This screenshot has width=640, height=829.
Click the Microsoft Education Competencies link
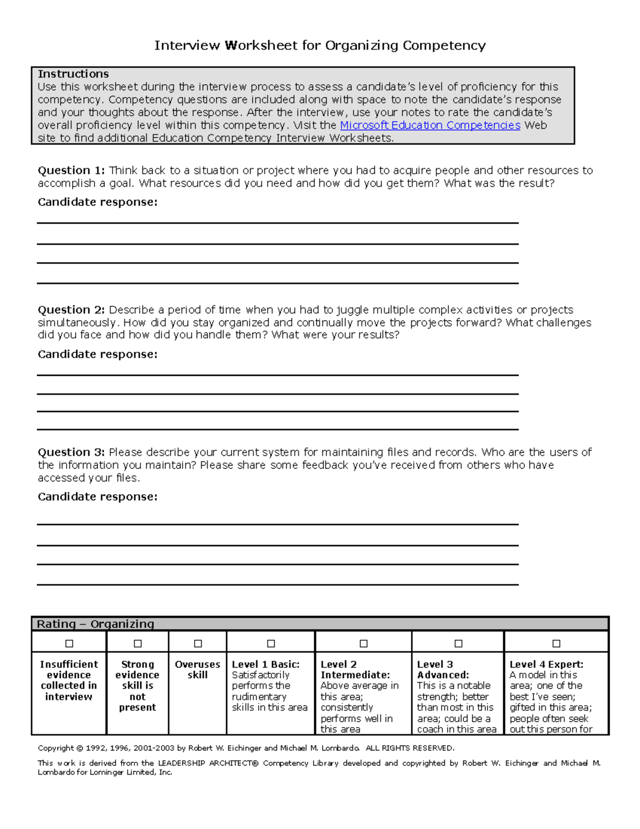[x=430, y=125]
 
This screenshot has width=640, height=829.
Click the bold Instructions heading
[x=73, y=74]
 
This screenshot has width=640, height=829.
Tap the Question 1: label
[x=71, y=170]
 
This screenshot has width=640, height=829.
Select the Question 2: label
[x=71, y=310]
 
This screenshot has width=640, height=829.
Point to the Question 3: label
[x=71, y=452]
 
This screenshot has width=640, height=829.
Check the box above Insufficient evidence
[x=69, y=643]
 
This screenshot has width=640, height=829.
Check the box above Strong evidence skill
[x=138, y=643]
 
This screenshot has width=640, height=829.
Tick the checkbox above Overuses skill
[x=198, y=643]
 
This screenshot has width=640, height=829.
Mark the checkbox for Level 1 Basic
[x=271, y=643]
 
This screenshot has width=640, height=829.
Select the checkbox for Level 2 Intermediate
[x=364, y=643]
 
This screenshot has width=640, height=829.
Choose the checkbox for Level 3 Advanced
[x=458, y=643]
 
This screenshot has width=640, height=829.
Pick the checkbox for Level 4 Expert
[x=556, y=643]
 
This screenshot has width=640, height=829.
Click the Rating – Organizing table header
[x=95, y=624]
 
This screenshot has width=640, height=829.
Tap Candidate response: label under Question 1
[x=98, y=202]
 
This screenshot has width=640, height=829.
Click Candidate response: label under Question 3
[x=98, y=496]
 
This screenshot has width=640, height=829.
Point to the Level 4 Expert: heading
[x=546, y=665]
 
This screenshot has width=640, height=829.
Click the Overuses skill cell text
[x=197, y=669]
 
